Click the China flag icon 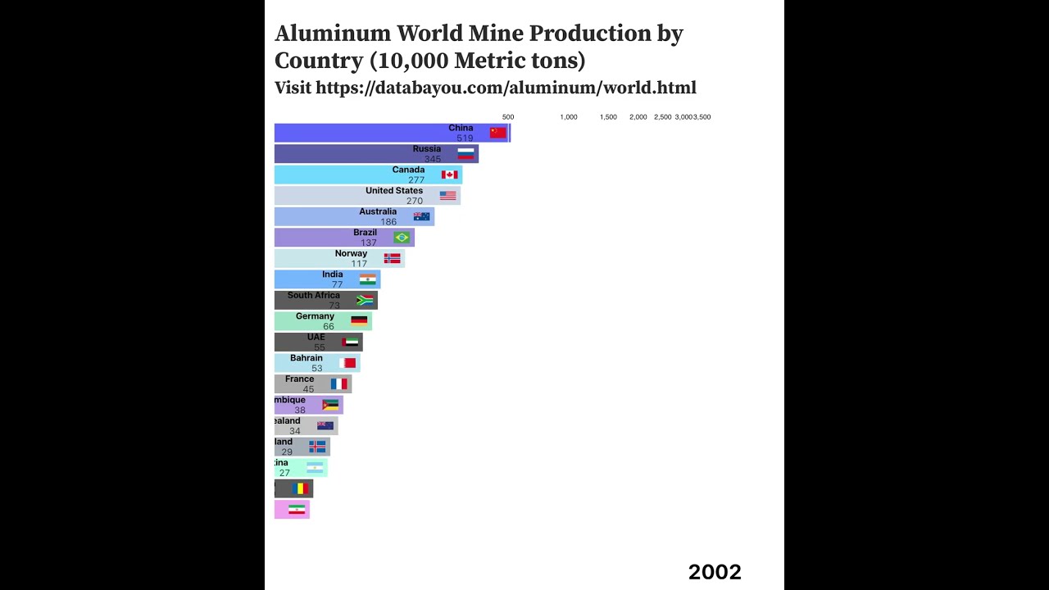498,133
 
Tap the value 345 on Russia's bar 433,159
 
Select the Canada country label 408,170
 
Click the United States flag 447,196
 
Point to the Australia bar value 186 388,222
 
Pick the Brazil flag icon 402,238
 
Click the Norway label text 351,253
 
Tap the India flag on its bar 368,279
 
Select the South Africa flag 365,300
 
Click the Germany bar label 315,316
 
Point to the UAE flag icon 350,342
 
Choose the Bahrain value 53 317,368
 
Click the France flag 339,383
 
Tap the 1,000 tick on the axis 569,117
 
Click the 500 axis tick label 508,117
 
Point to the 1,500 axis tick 608,117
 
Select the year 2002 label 715,572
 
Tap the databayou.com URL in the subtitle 506,88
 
